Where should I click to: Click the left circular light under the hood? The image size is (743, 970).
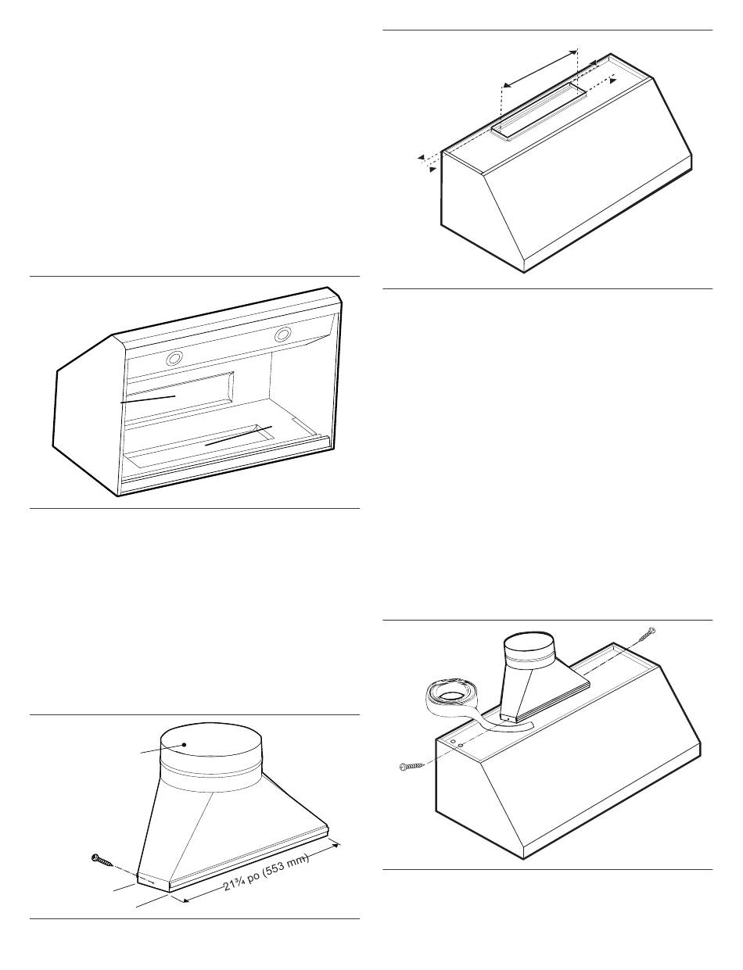click(x=174, y=357)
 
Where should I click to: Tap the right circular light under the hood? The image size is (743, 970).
click(x=283, y=335)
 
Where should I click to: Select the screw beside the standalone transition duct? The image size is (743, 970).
click(x=102, y=859)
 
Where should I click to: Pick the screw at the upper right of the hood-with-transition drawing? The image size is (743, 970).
click(x=647, y=635)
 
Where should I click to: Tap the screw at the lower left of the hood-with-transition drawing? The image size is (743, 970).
click(x=411, y=767)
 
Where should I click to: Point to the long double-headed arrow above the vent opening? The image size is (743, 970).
click(x=540, y=68)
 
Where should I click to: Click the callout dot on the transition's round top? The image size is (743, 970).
click(x=184, y=745)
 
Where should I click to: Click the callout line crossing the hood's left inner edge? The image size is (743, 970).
click(x=147, y=399)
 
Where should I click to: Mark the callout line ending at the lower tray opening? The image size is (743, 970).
click(x=238, y=435)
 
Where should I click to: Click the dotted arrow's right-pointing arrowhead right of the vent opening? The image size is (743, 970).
click(x=613, y=80)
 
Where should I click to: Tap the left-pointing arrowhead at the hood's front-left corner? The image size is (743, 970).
click(x=420, y=157)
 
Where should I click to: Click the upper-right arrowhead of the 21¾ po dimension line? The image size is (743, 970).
click(x=336, y=843)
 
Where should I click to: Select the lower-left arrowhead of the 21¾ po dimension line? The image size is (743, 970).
click(x=186, y=900)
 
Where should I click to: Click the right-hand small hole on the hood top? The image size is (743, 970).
click(x=461, y=745)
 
